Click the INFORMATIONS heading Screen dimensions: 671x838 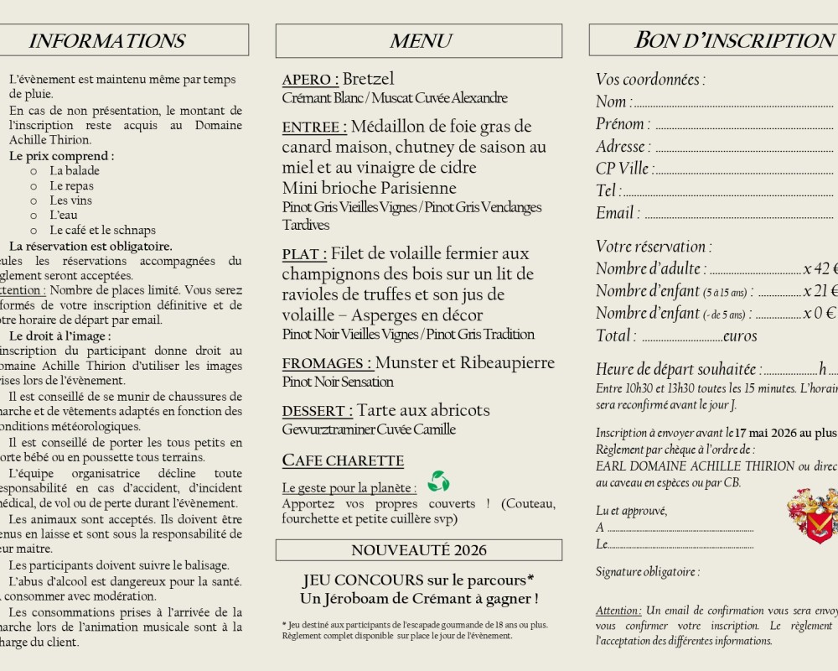(x=106, y=40)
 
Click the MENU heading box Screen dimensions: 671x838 (x=419, y=40)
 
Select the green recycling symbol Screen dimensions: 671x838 (x=438, y=481)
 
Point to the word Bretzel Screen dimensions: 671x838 (x=368, y=79)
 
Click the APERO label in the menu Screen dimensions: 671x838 (x=310, y=80)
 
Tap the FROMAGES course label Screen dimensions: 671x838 (x=327, y=363)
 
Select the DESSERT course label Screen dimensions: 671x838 (x=318, y=411)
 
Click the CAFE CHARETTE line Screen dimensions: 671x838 (x=343, y=460)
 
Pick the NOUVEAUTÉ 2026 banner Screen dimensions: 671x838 (x=419, y=550)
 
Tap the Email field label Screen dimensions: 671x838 (x=618, y=213)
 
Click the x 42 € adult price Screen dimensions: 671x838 (x=820, y=269)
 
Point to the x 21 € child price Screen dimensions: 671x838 (x=820, y=291)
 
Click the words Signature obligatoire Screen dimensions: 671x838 (x=647, y=572)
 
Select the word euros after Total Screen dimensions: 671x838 (x=740, y=336)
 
